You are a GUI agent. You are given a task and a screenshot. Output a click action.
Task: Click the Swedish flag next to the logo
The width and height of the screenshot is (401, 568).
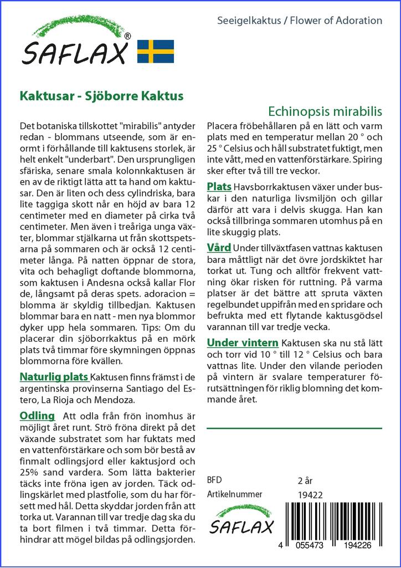155,51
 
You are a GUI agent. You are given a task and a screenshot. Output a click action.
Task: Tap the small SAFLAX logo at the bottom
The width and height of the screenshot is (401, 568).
241,520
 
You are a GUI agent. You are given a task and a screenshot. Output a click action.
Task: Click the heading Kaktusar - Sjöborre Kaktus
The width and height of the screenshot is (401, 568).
101,95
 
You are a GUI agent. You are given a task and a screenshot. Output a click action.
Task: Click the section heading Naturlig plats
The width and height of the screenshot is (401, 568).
54,377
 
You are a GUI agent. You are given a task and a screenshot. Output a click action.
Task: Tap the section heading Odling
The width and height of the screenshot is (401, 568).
37,416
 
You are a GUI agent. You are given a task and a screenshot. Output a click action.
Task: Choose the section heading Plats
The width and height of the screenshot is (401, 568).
219,187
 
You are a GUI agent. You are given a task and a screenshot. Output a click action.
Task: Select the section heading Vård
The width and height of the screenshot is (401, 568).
219,247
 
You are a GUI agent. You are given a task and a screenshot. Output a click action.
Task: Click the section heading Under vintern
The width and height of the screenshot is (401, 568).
242,342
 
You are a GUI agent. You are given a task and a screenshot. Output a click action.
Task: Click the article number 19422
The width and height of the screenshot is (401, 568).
310,495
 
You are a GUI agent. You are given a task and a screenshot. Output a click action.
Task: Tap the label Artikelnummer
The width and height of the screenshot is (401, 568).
234,494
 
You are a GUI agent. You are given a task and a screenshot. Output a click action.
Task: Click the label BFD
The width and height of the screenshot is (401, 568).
214,480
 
